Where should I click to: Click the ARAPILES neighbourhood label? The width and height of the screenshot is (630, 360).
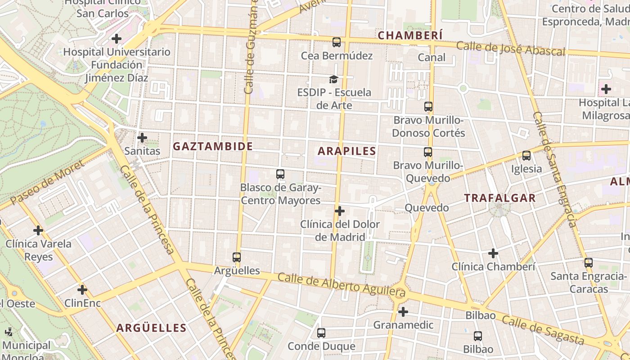coord(346,151)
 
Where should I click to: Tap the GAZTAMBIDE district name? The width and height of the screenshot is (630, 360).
coord(213,146)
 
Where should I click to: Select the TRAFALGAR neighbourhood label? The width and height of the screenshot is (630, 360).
coord(500,198)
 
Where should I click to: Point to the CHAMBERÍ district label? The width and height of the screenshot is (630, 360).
coord(410,36)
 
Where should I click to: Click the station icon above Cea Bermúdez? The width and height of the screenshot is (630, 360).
coord(337,42)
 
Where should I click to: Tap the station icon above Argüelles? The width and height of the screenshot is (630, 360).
coord(237,257)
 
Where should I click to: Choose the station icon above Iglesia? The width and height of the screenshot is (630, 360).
coord(526,156)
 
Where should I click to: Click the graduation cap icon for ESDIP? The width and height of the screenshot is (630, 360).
coord(333,80)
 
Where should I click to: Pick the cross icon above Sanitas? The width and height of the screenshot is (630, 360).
coord(142,138)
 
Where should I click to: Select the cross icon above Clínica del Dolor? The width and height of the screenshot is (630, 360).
coord(340,211)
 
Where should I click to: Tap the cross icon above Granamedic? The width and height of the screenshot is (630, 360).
coord(403,311)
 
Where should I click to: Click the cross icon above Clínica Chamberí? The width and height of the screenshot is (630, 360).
coord(493,253)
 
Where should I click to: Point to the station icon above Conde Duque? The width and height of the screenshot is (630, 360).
coord(321,333)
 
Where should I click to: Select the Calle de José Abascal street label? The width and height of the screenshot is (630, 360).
coord(510,49)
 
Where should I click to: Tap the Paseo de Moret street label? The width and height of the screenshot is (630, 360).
coord(48,182)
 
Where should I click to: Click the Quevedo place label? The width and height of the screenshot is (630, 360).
coord(427,208)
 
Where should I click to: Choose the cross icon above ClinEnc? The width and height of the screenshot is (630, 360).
coord(82,290)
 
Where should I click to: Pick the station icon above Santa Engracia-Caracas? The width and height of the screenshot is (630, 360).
coord(588,263)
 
